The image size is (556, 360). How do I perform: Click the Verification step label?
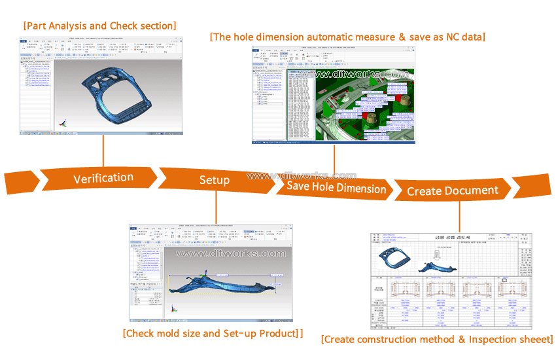tap(103, 179)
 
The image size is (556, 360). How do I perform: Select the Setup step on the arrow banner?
tap(215, 180)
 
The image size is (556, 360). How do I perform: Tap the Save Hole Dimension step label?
tap(336, 189)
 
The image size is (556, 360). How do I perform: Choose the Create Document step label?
tap(453, 191)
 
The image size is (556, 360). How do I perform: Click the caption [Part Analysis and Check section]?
tap(99, 26)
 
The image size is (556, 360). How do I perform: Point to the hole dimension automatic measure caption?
tap(347, 37)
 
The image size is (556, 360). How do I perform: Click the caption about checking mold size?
tap(213, 333)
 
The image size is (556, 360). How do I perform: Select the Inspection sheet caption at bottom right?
tap(437, 339)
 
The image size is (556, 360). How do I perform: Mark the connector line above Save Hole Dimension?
tap(335, 160)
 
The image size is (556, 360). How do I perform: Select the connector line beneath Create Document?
tap(459, 215)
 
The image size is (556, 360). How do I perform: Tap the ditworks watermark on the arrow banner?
tap(302, 175)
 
